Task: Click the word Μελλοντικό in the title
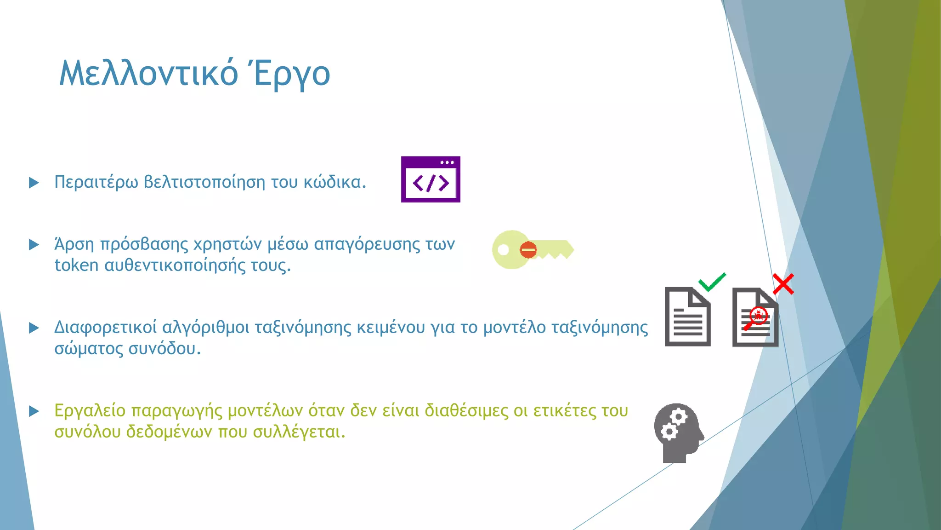148,73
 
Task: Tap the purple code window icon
431,179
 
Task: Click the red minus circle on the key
528,250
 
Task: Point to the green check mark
712,282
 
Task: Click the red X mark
783,284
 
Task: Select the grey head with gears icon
678,432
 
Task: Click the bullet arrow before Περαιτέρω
34,183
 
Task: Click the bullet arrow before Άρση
34,244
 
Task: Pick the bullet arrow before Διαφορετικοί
34,328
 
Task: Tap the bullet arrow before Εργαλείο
34,411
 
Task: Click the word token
76,265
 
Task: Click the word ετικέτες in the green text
563,411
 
